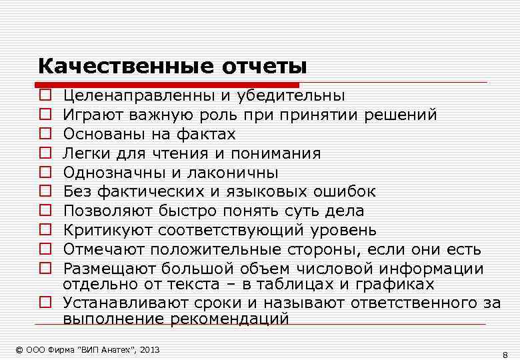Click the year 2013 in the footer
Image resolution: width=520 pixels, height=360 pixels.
pos(149,350)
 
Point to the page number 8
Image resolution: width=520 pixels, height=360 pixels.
pos(505,353)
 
